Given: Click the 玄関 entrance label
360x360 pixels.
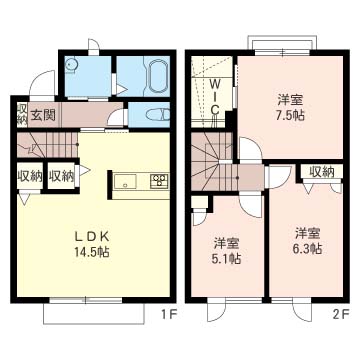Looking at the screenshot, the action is (44, 115).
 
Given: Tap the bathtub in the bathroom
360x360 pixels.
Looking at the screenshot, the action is (157, 76).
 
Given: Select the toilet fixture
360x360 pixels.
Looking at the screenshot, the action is (157, 115).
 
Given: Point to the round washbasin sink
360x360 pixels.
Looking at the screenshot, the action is (70, 64).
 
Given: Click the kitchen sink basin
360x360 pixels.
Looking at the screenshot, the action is (125, 181).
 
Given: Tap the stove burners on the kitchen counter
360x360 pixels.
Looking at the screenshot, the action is (159, 181).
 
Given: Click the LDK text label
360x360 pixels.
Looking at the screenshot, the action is (92, 237).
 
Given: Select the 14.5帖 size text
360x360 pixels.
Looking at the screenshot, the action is (92, 252).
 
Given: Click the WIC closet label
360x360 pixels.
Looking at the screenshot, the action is (215, 97).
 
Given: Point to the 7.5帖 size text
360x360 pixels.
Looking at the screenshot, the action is (290, 115).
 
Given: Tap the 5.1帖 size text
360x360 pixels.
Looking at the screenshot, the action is (227, 258).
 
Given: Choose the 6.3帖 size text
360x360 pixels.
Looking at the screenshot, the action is (308, 249).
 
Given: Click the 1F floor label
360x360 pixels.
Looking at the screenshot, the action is (167, 314).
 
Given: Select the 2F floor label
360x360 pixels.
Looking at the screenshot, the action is (341, 314).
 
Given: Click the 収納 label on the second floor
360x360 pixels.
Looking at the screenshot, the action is (322, 171).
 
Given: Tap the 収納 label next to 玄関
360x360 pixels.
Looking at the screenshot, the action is (22, 114).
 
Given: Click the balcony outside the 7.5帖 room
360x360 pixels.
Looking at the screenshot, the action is (283, 42).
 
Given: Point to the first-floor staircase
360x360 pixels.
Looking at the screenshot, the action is (47, 145).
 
